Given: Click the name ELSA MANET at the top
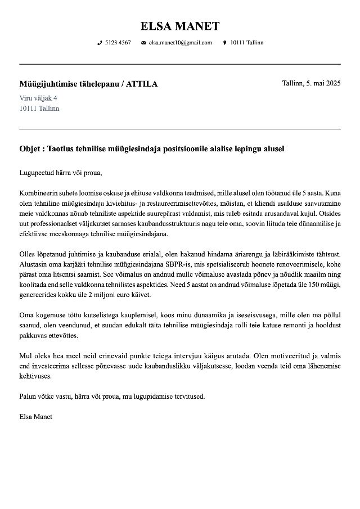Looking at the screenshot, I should (x=180, y=26).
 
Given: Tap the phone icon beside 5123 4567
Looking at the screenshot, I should (x=100, y=43).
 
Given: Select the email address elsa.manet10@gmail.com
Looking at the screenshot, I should (x=180, y=43).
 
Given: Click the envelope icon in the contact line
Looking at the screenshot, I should (x=143, y=43).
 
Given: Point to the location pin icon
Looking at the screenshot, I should (x=225, y=43).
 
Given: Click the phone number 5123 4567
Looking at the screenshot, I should (x=118, y=43).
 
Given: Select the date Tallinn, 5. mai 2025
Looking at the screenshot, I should (x=311, y=83).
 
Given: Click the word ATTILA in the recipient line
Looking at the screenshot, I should (x=142, y=84).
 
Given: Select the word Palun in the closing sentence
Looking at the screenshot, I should (x=29, y=396).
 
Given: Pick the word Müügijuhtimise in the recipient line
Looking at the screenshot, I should (x=47, y=84).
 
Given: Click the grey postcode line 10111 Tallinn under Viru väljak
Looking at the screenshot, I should (x=39, y=108).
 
